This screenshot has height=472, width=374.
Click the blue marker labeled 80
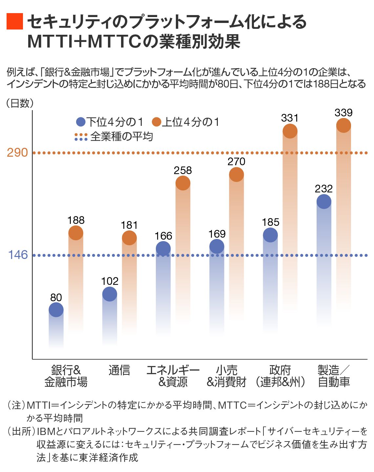point(56,310)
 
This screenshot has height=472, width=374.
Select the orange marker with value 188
point(76,233)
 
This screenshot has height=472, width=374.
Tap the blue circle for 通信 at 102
point(110,294)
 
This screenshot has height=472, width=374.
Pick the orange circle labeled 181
point(129,238)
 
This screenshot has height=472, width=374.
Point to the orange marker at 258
point(183,183)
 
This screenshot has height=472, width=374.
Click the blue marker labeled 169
point(217,246)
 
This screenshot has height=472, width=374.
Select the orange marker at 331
point(290,131)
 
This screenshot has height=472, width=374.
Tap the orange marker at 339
point(343,125)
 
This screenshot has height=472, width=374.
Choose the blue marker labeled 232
point(324,202)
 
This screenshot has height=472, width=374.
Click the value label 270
point(236,162)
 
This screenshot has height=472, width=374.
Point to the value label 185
point(270,222)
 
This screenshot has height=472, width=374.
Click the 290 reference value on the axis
point(17,153)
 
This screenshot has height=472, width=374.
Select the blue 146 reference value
point(18,255)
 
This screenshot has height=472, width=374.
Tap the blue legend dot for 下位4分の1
point(80,122)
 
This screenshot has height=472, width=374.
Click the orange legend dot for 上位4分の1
point(157,122)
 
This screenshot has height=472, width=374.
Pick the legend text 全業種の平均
point(121,136)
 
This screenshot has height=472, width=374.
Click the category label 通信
point(119,370)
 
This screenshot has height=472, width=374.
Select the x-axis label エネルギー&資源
point(173,376)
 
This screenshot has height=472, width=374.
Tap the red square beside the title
point(15,22)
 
